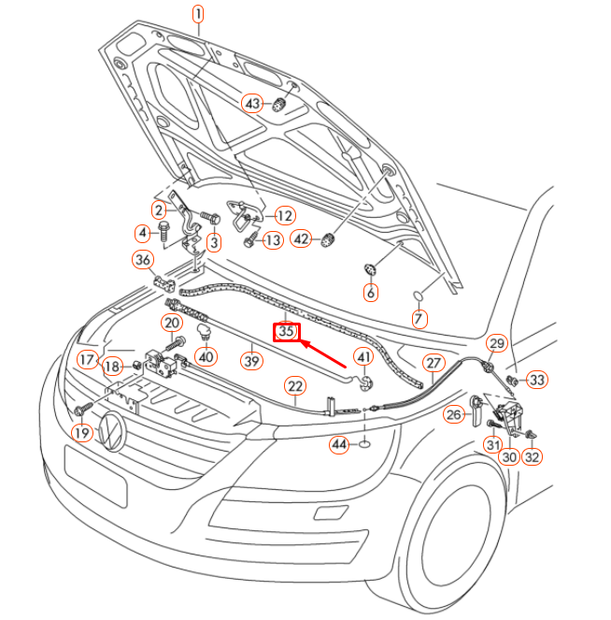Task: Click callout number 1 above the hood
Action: pos(198,13)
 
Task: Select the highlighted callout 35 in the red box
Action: pos(286,331)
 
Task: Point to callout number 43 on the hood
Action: pos(252,103)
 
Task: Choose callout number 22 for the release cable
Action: pos(295,385)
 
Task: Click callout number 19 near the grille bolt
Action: pos(81,434)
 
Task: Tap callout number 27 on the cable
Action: pos(433,363)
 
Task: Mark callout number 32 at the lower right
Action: pos(532,457)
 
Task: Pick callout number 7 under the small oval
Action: pos(419,319)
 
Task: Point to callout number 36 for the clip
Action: pos(142,259)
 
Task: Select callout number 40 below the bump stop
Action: pos(206,356)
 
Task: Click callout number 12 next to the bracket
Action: pos(283,216)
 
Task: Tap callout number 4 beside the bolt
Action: pos(143,232)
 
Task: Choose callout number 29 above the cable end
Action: pos(497,343)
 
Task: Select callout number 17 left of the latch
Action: pos(87,359)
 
